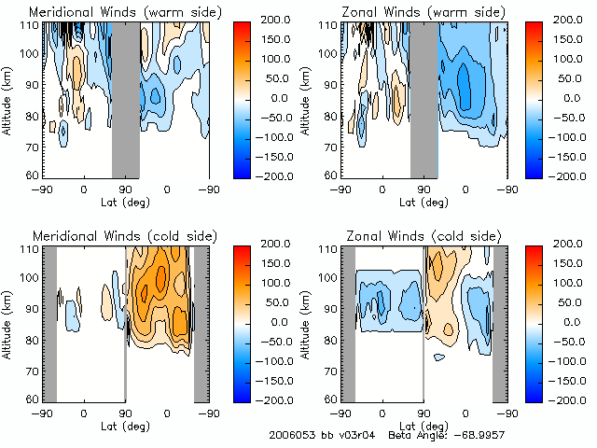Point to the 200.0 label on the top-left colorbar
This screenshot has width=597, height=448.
coord(281,20)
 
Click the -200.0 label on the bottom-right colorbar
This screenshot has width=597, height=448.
coord(579,399)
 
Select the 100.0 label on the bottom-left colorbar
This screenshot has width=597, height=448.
coord(281,282)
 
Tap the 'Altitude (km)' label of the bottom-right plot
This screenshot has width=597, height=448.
coord(307,322)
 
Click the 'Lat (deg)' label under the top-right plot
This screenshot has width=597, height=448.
coord(424,201)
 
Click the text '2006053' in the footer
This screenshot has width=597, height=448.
coord(290,435)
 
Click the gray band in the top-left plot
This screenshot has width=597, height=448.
coord(126,98)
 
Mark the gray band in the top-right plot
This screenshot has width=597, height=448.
coord(424,98)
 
